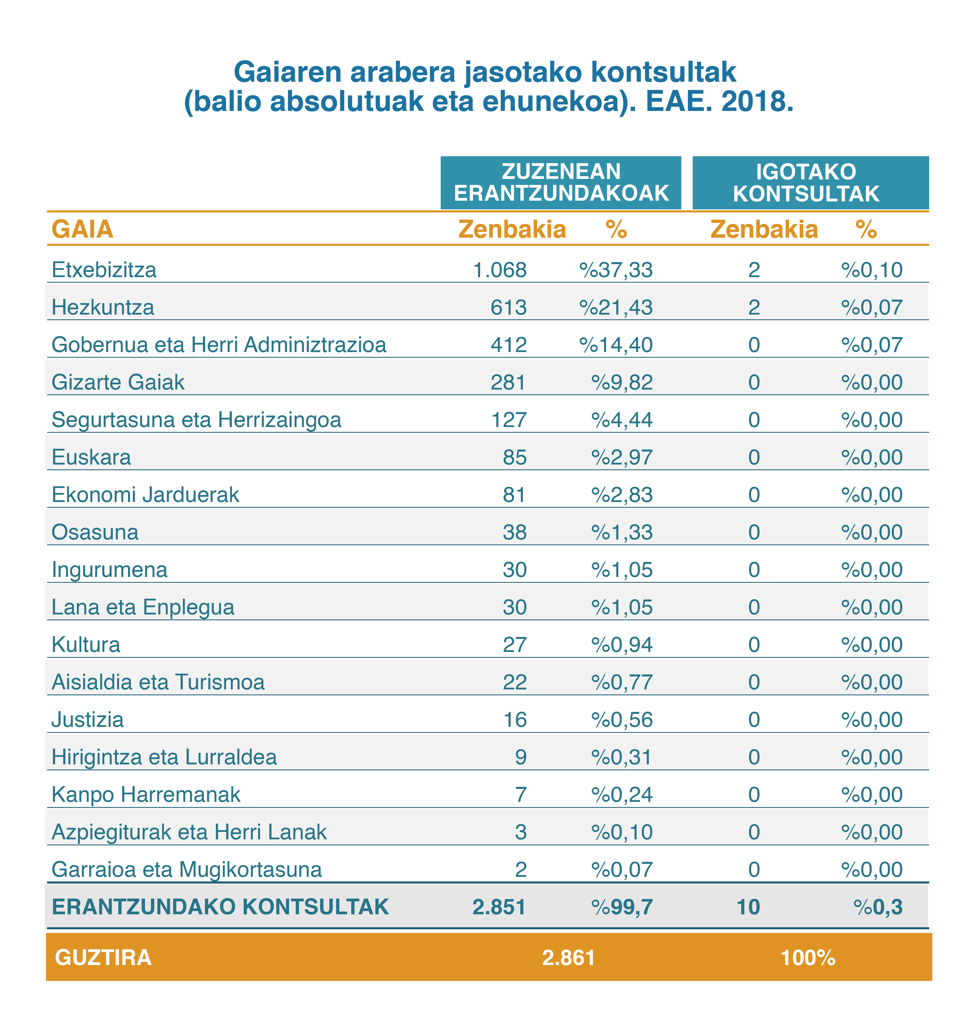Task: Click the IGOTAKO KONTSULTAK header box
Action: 810,183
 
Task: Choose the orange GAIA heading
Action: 82,229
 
